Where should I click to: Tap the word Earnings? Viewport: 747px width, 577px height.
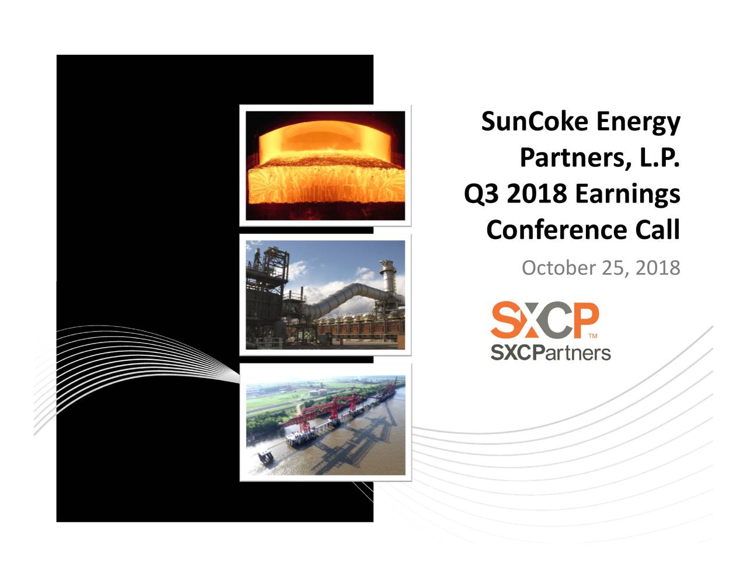tap(627, 194)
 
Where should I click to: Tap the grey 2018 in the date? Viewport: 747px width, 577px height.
tap(658, 268)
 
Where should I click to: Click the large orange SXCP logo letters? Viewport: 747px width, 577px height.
tap(544, 320)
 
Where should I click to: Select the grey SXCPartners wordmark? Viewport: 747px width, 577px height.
tap(550, 352)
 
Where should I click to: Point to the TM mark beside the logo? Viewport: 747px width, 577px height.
tap(593, 337)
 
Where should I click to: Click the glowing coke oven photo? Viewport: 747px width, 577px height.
tap(325, 166)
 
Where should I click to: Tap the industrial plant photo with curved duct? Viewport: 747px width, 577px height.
tap(325, 295)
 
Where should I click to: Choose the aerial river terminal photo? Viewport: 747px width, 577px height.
tap(325, 425)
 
